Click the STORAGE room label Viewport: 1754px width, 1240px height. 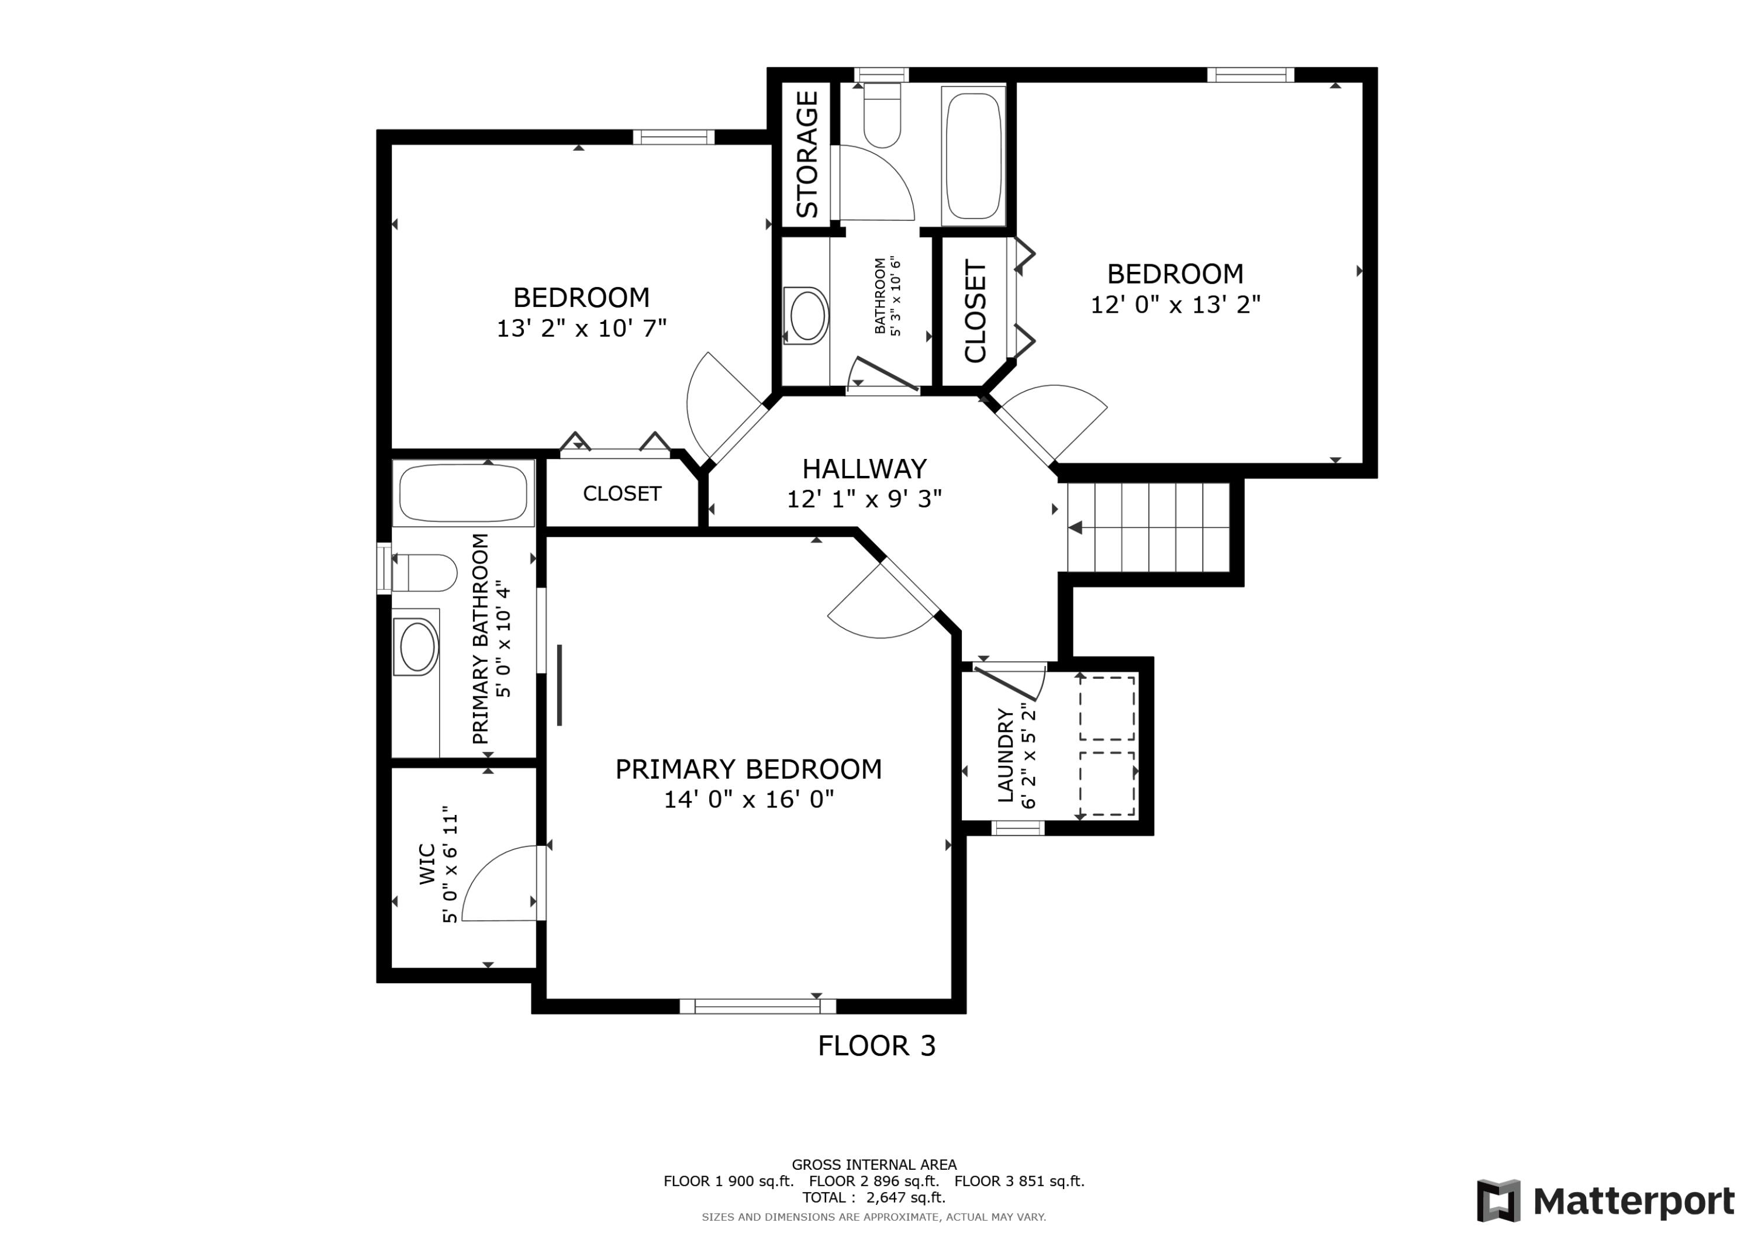807,154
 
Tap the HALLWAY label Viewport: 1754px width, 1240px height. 864,468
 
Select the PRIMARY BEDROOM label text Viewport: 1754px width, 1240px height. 748,769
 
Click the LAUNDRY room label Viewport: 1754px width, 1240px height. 1006,755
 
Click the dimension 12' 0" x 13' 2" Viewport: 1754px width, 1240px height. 1175,305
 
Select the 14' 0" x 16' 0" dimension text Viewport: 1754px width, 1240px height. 748,799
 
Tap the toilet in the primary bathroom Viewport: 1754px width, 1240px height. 424,573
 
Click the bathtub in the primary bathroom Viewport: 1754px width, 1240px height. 463,493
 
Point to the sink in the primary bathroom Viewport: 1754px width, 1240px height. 416,647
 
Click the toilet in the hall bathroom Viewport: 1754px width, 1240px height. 882,114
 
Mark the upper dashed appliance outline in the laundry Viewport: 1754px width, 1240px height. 1107,707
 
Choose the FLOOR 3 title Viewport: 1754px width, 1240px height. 876,1046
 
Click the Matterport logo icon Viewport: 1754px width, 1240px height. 1498,1200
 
